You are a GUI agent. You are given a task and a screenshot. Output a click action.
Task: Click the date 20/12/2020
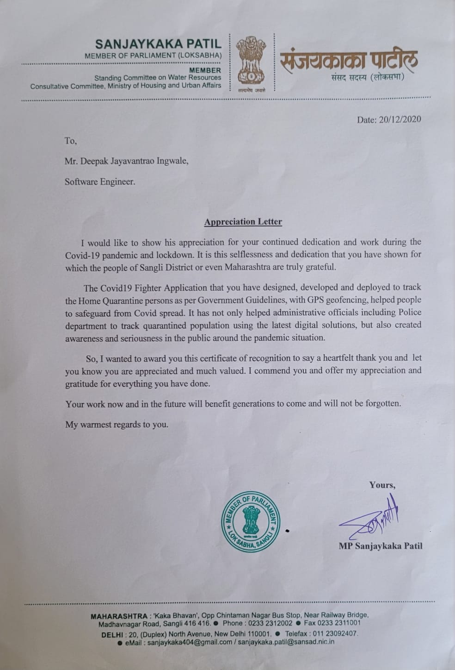(400, 119)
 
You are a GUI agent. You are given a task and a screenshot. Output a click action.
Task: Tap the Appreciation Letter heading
(243, 222)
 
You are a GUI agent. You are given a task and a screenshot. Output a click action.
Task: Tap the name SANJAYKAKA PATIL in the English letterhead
(158, 44)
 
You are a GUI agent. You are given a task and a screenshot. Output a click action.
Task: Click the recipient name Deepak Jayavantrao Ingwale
(126, 161)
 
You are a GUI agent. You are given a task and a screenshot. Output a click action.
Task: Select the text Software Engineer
(100, 182)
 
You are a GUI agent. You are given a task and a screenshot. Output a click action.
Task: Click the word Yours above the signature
(382, 485)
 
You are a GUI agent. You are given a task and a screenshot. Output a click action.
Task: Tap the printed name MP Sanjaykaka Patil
(381, 546)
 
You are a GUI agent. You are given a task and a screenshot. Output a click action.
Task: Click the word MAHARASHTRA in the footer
(118, 615)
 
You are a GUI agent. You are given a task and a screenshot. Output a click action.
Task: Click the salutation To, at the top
(71, 141)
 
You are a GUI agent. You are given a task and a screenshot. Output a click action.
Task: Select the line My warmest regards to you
(117, 424)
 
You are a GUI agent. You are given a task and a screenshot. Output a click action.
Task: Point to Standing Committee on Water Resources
(158, 78)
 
